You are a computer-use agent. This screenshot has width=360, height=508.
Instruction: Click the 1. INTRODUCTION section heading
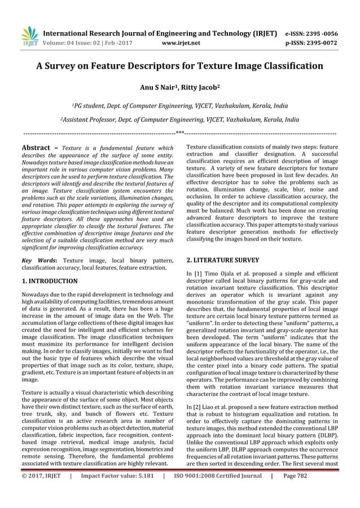tap(50, 280)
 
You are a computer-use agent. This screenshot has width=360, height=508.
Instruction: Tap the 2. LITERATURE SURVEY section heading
tap(223, 260)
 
